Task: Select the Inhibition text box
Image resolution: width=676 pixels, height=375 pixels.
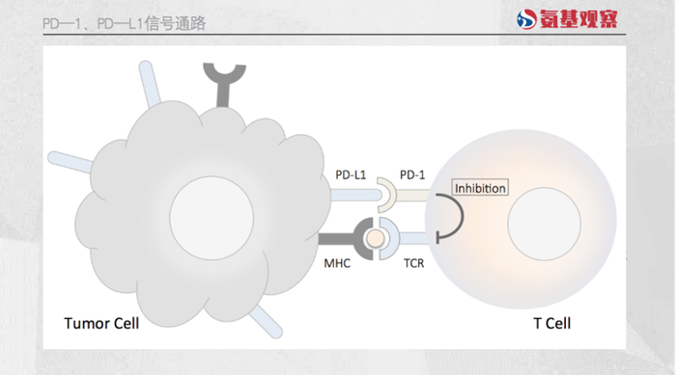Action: click(x=480, y=188)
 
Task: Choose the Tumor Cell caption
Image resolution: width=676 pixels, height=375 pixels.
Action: click(x=101, y=323)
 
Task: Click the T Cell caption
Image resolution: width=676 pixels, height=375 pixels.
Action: click(x=551, y=323)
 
